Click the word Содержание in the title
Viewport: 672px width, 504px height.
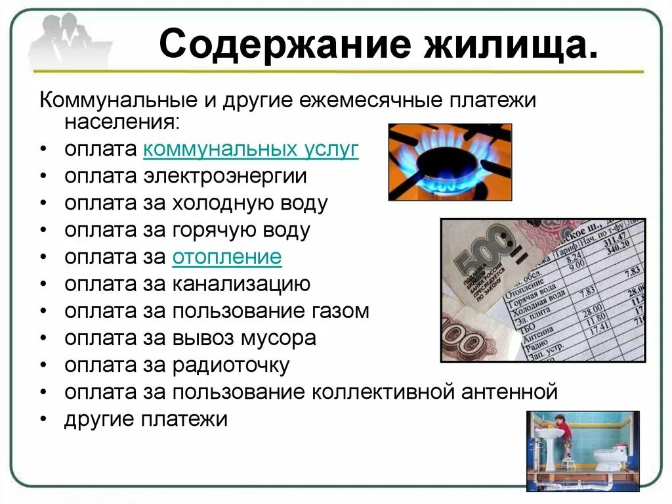pyautogui.click(x=275, y=45)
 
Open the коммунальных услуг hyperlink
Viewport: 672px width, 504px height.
pyautogui.click(x=251, y=149)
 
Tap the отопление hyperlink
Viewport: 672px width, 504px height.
pyautogui.click(x=227, y=257)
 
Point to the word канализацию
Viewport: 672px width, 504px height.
pyautogui.click(x=241, y=284)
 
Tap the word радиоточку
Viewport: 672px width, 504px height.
pyautogui.click(x=231, y=365)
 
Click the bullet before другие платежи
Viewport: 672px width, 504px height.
pyautogui.click(x=43, y=420)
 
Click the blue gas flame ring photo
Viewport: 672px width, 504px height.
pyautogui.click(x=450, y=162)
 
